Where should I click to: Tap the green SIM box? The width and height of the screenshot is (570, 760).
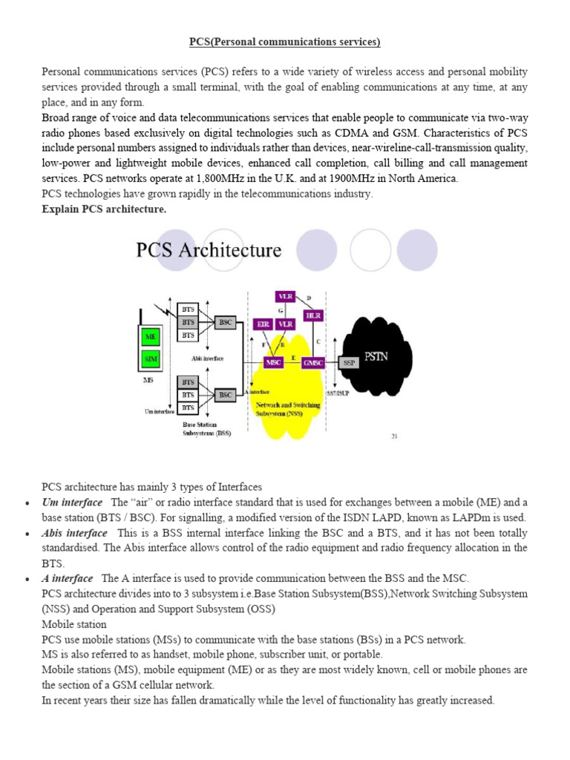[151, 361]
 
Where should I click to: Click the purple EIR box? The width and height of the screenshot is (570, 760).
[263, 324]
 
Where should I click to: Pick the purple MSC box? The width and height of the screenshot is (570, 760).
[273, 362]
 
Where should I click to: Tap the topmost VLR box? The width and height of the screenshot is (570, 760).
[285, 296]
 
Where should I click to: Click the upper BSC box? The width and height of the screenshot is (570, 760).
[225, 322]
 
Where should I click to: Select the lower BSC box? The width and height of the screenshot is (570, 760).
[225, 394]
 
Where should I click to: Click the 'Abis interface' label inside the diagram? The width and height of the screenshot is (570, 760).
[207, 358]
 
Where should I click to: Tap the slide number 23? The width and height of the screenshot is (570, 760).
[395, 436]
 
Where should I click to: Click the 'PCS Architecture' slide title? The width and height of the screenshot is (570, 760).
[209, 250]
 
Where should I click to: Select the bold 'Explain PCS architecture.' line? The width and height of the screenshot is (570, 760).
[104, 209]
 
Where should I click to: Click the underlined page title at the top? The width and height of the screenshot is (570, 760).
[284, 42]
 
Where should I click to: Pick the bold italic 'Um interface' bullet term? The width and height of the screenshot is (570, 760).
[72, 502]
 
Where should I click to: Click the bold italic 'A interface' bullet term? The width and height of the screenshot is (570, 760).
[68, 578]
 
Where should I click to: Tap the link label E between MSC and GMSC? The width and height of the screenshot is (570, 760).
[295, 358]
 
